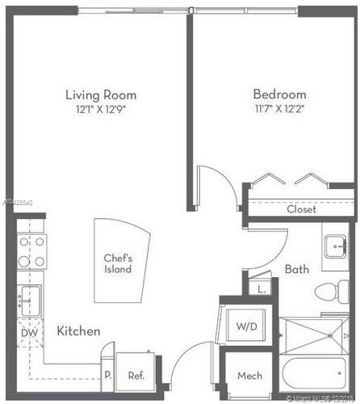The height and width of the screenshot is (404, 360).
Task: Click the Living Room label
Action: pyautogui.click(x=101, y=95)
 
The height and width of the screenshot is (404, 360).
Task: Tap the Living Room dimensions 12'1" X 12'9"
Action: pyautogui.click(x=101, y=108)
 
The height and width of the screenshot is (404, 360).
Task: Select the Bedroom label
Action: pyautogui.click(x=278, y=95)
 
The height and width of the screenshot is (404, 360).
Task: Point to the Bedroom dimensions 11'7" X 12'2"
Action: pyautogui.click(x=278, y=108)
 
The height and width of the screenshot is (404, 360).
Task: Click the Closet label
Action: pyautogui.click(x=301, y=209)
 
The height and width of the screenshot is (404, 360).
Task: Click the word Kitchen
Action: pyautogui.click(x=78, y=331)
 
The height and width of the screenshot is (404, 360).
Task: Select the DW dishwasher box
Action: pyautogui.click(x=28, y=332)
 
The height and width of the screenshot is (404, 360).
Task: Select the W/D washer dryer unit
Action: pyautogui.click(x=245, y=326)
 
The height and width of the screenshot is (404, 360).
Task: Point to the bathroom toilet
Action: pyautogui.click(x=333, y=292)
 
